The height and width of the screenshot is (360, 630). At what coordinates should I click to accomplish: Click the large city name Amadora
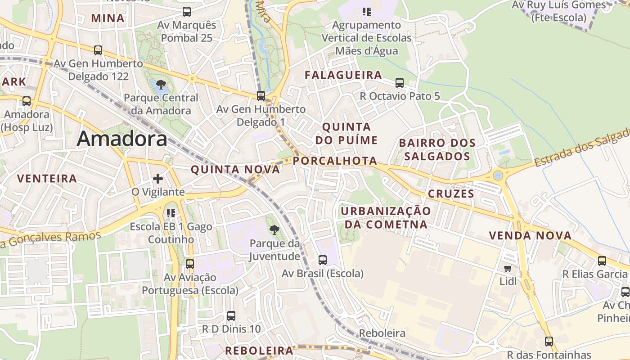point(122,139)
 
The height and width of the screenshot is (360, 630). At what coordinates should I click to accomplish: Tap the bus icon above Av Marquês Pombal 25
point(187,12)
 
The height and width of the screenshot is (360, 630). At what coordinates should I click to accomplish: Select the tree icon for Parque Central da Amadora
point(161,84)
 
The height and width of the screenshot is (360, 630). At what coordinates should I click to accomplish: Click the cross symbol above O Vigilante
point(158,179)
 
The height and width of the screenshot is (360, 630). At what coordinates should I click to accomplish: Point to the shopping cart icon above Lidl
point(508,269)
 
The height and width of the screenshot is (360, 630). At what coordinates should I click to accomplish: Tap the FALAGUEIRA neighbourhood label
point(343,75)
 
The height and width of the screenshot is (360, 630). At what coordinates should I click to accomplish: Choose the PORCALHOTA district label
point(335,161)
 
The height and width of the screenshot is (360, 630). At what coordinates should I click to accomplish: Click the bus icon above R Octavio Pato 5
point(400,83)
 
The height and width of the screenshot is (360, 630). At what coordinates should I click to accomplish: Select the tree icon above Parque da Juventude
point(274,230)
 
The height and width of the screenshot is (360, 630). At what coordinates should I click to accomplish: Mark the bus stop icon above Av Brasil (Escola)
point(323,260)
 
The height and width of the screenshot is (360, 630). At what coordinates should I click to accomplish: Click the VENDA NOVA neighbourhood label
point(530,235)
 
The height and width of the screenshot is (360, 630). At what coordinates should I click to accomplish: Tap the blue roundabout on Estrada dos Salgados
point(498,175)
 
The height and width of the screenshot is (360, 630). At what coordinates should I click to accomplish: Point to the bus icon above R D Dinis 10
point(231,316)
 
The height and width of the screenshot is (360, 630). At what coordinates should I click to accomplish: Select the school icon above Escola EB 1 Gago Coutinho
point(171,213)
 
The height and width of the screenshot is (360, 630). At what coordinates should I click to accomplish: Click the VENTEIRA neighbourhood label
point(47,179)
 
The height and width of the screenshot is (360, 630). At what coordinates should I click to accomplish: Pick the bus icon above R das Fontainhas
point(549,342)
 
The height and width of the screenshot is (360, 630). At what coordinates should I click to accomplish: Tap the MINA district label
point(108,18)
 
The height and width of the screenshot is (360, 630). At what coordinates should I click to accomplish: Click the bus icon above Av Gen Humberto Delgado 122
point(98,50)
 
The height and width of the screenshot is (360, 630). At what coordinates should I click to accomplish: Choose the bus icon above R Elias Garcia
point(602,261)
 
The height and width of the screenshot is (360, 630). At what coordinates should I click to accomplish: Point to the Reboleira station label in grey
point(382,333)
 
